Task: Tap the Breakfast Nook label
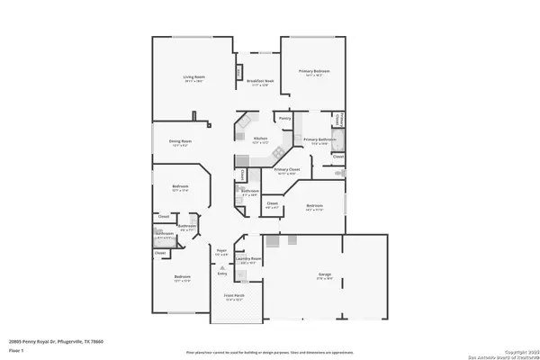pyautogui.click(x=261, y=82)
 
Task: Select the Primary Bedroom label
pyautogui.click(x=313, y=74)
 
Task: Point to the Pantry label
pyautogui.click(x=284, y=118)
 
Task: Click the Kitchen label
pyautogui.click(x=261, y=139)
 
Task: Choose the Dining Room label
pyautogui.click(x=181, y=140)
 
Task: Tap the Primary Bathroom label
pyautogui.click(x=319, y=139)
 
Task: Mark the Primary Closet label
pyautogui.click(x=287, y=170)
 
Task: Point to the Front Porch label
pyautogui.click(x=234, y=297)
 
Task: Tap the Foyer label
pyautogui.click(x=221, y=251)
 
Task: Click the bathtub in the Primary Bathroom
pyautogui.click(x=338, y=139)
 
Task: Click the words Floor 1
pyautogui.click(x=27, y=350)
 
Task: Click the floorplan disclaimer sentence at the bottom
pyautogui.click(x=270, y=352)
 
